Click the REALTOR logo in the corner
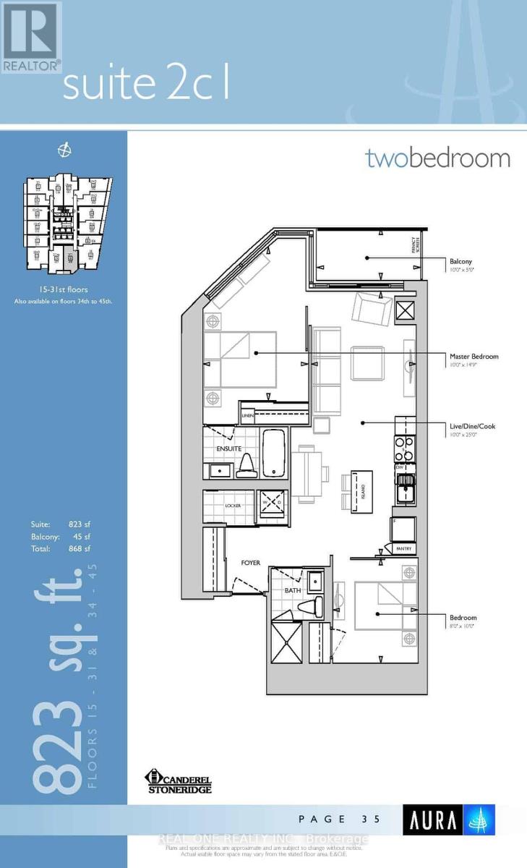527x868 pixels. click(30, 36)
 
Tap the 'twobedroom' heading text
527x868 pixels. click(437, 158)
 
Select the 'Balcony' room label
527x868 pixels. click(461, 261)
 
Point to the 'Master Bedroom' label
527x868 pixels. click(474, 357)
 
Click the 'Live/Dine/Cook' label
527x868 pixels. click(472, 426)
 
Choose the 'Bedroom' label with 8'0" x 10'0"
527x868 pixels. click(463, 618)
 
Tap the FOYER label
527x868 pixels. click(251, 563)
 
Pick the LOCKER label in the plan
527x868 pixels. click(233, 506)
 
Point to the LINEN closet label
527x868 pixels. click(249, 417)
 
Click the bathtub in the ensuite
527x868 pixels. click(273, 452)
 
